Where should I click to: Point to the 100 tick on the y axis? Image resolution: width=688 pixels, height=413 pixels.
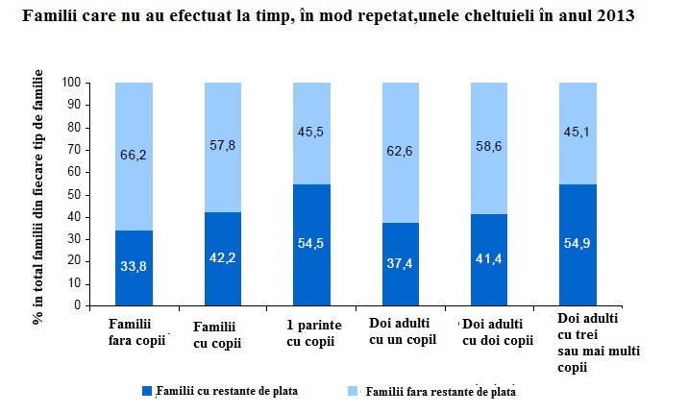tap(69, 84)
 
